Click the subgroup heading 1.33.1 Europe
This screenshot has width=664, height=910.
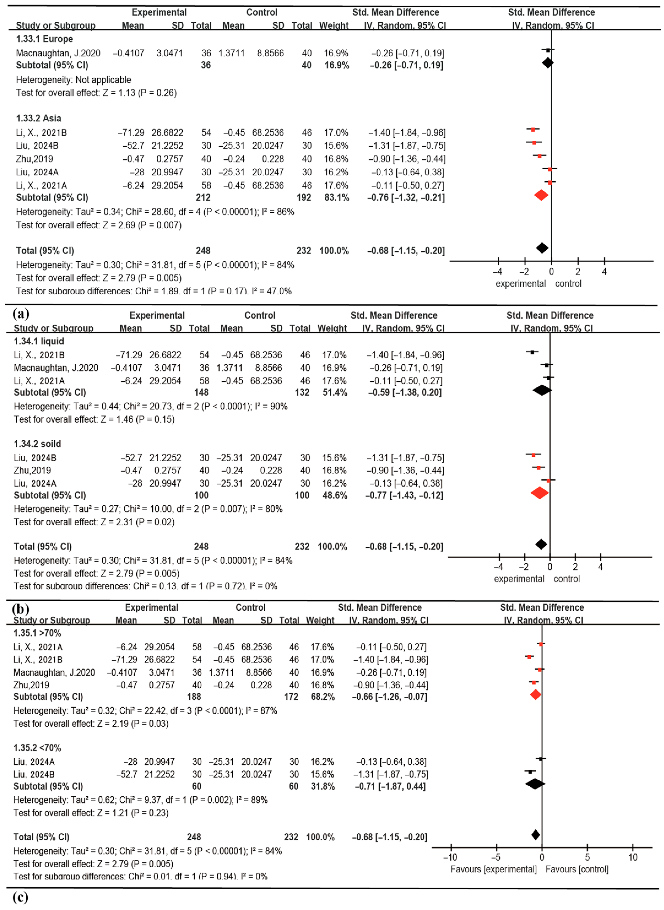coord(44,39)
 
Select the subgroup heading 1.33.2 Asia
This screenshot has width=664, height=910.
coord(39,118)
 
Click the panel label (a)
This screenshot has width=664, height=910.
coord(21,313)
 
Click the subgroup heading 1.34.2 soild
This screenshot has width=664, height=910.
coord(37,444)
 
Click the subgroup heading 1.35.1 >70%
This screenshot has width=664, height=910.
coord(37,633)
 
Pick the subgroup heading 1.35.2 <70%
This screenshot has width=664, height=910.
coord(37,748)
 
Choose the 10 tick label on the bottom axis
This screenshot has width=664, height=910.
coord(633,857)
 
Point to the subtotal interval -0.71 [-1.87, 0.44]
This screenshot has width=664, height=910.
coord(390,786)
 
